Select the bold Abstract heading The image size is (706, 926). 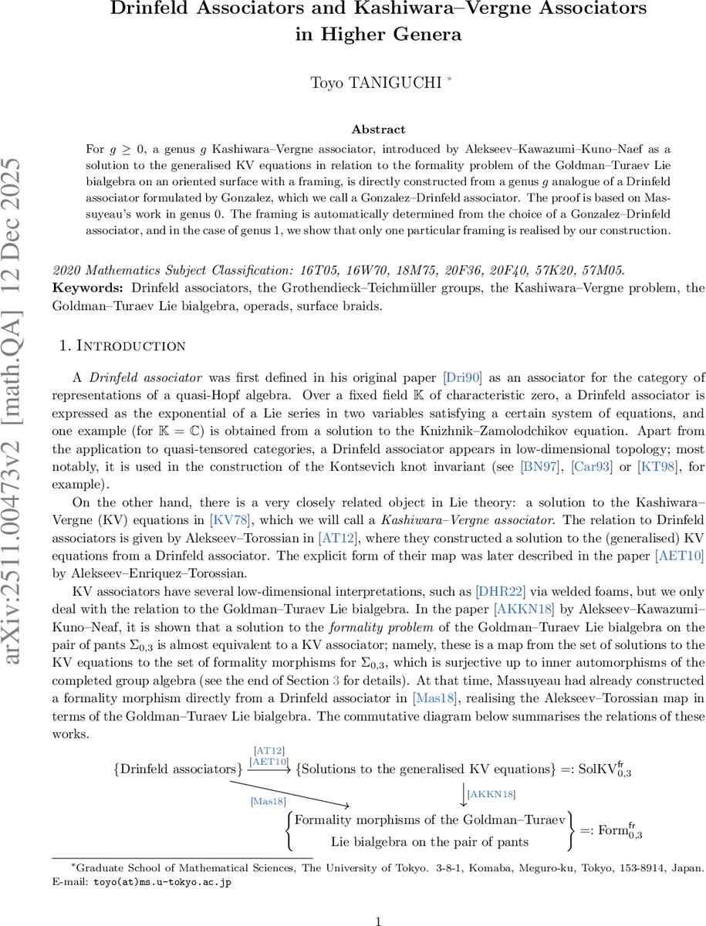[x=378, y=130]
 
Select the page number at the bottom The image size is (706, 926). [x=378, y=921]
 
